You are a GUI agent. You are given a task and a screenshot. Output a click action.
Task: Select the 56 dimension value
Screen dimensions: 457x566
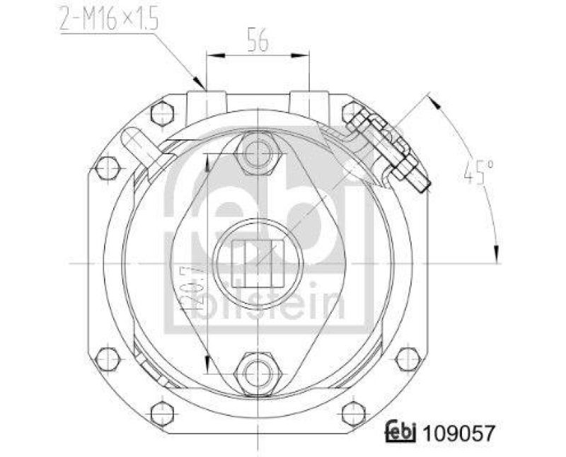click(x=257, y=41)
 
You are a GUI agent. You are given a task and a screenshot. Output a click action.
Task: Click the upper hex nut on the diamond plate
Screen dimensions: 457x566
click(x=258, y=152)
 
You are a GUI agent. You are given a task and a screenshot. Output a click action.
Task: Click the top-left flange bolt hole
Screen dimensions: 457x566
click(x=163, y=112)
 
